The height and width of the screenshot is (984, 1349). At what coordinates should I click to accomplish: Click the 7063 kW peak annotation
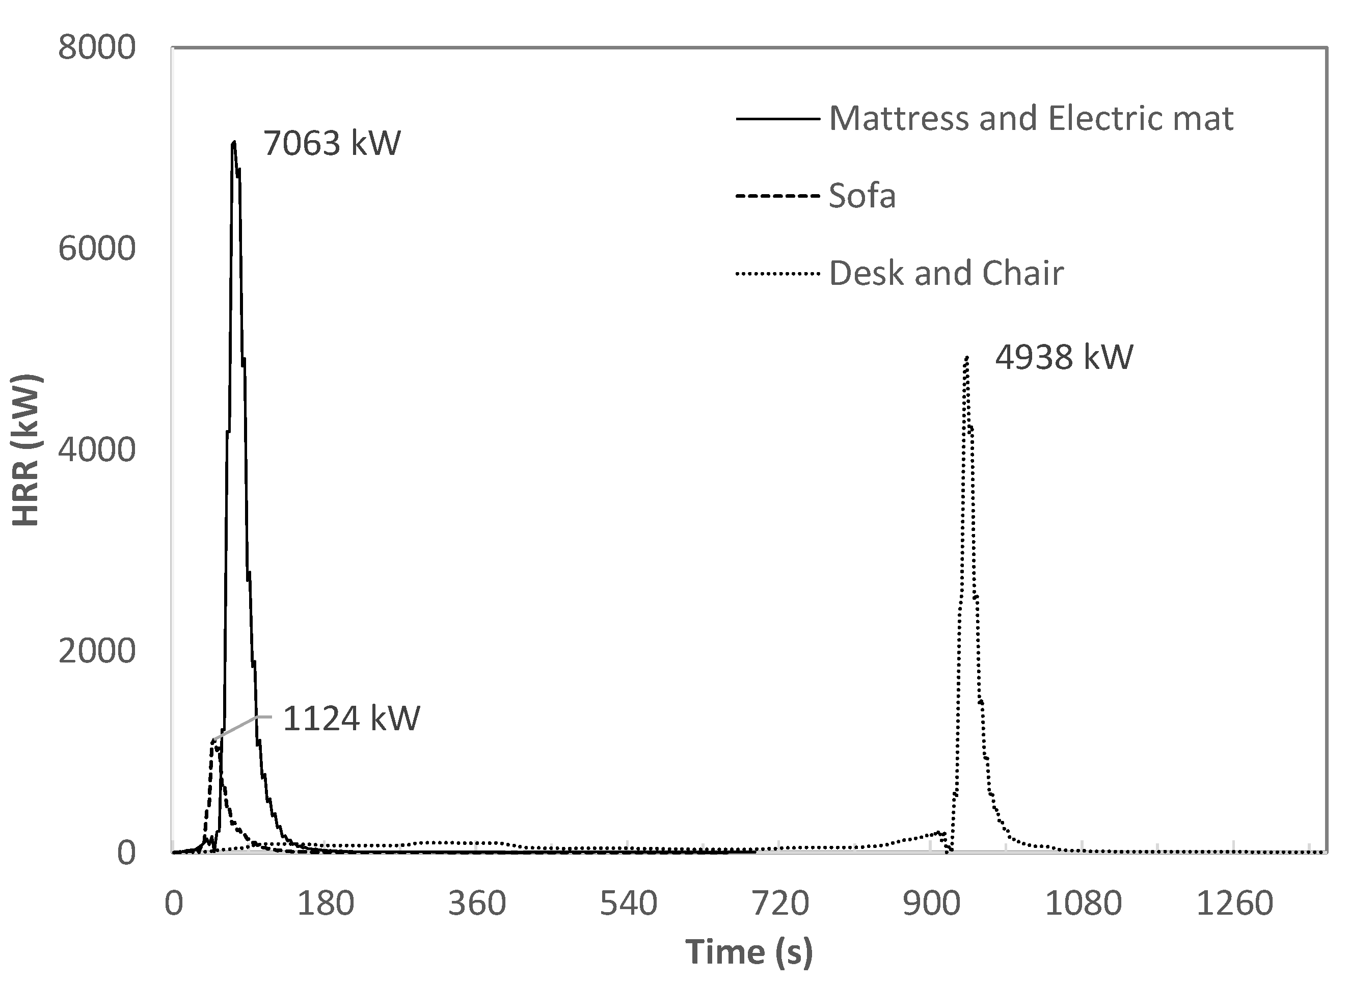tap(332, 144)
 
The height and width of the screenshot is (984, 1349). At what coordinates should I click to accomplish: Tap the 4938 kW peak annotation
tap(1064, 357)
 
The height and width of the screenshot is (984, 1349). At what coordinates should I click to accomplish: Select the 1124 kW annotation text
tap(351, 718)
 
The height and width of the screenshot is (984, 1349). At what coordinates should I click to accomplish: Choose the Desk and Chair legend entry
tap(946, 274)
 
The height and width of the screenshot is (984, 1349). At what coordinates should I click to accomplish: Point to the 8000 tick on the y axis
tap(97, 48)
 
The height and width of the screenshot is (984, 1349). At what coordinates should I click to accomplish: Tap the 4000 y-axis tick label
tap(97, 450)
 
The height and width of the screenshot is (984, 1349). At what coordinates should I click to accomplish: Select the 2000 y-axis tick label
tap(97, 651)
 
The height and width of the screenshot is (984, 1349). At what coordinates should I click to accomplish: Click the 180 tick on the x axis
tap(325, 903)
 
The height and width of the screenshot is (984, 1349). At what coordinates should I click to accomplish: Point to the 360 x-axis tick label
tap(477, 903)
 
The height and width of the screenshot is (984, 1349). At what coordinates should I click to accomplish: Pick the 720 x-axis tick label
tap(780, 903)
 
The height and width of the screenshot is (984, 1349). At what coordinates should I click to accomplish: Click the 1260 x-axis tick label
tap(1234, 903)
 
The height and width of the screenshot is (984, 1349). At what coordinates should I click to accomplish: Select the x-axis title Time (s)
tap(748, 951)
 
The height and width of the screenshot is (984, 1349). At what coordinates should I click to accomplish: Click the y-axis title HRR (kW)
tap(26, 450)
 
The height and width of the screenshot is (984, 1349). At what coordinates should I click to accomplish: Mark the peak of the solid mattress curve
tap(234, 142)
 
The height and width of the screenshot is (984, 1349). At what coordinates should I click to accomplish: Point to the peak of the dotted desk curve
tap(967, 357)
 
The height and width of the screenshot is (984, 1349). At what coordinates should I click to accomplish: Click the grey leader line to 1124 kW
tap(238, 727)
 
